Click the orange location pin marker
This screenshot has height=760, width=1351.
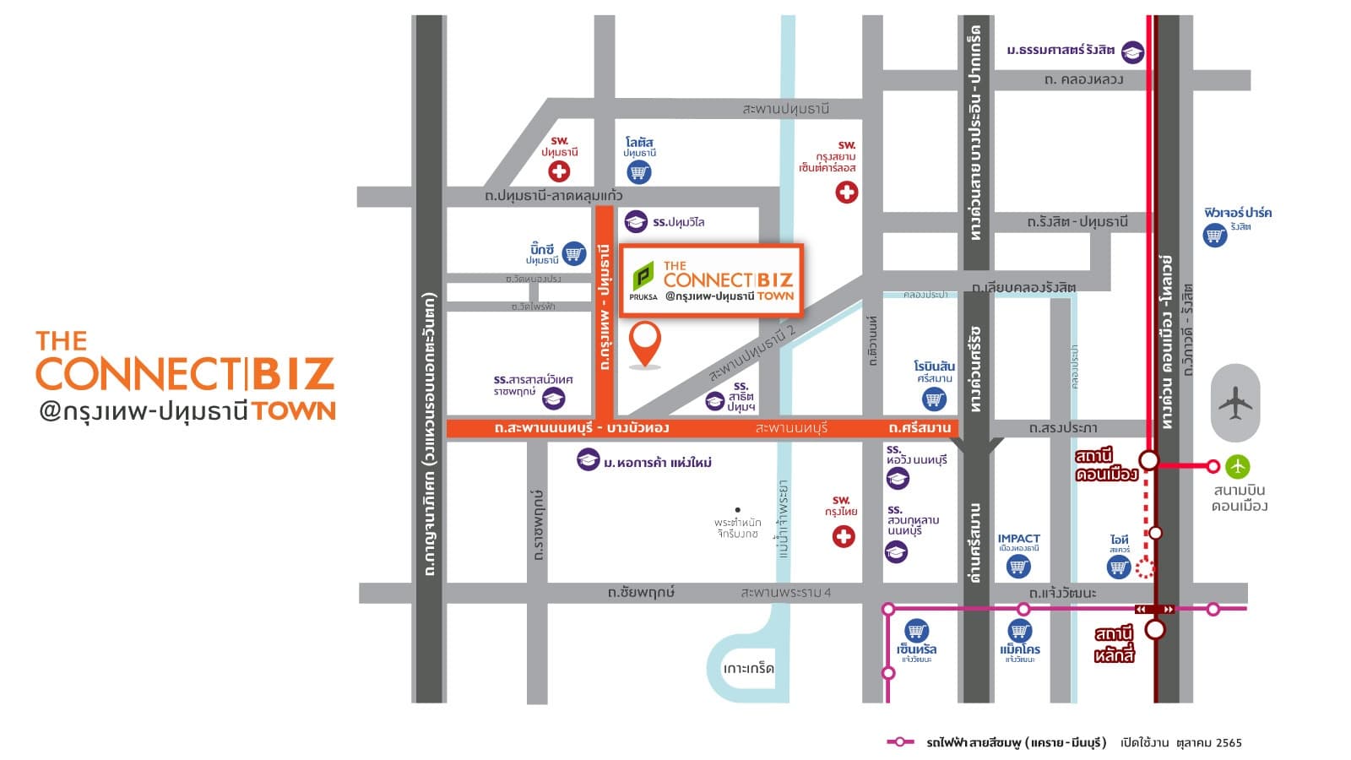pyautogui.click(x=645, y=343)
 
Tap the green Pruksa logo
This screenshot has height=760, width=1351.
pyautogui.click(x=643, y=276)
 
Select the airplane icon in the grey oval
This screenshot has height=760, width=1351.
pyautogui.click(x=1235, y=403)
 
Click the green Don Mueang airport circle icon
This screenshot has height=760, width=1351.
pyautogui.click(x=1238, y=466)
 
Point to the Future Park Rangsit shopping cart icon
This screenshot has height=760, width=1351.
pyautogui.click(x=1215, y=235)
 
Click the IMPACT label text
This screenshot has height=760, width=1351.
pyautogui.click(x=1018, y=539)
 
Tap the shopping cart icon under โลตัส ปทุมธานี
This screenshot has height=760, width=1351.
pyautogui.click(x=639, y=172)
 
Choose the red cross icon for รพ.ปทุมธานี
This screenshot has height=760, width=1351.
pyautogui.click(x=559, y=171)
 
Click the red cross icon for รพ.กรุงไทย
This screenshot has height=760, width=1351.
pyautogui.click(x=844, y=536)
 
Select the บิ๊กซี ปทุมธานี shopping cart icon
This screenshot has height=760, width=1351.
pyautogui.click(x=574, y=252)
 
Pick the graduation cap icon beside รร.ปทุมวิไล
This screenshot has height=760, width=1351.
pyautogui.click(x=636, y=222)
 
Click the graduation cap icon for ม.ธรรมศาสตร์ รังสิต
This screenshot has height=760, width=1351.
pyautogui.click(x=1132, y=52)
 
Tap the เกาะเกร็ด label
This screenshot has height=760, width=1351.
pyautogui.click(x=748, y=669)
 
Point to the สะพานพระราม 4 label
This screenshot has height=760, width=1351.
pyautogui.click(x=785, y=593)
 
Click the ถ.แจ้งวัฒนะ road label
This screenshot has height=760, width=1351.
pyautogui.click(x=1061, y=593)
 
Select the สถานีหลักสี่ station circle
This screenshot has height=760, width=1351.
pyautogui.click(x=1155, y=629)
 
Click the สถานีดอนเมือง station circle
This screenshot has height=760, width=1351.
pyautogui.click(x=1149, y=460)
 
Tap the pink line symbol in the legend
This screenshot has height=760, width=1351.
pyautogui.click(x=900, y=742)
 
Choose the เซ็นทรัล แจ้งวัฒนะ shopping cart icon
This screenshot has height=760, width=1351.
pyautogui.click(x=916, y=630)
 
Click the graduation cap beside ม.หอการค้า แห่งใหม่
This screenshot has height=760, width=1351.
pyautogui.click(x=588, y=460)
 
